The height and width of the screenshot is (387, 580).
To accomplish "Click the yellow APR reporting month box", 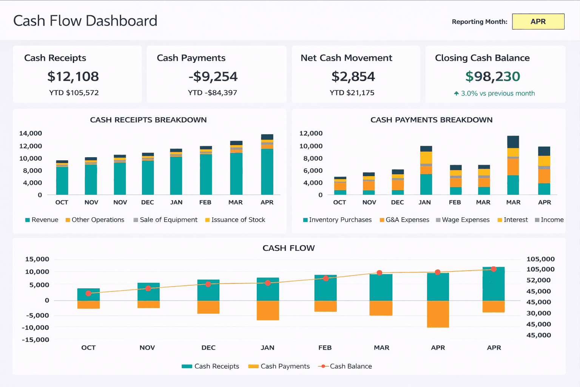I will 538,22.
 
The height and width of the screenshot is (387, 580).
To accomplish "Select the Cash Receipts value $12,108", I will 73,77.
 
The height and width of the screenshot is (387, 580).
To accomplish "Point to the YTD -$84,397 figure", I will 213,93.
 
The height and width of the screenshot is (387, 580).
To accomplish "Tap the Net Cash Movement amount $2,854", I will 353,77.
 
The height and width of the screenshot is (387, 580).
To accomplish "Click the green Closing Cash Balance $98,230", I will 492,77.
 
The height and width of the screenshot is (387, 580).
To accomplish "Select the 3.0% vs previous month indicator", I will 494,93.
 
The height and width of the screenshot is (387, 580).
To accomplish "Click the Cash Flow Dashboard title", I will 85,21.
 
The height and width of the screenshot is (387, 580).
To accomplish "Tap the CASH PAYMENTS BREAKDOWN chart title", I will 431,120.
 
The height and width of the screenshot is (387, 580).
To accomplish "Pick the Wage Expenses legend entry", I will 463,220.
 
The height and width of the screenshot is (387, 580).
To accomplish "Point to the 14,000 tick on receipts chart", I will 31,133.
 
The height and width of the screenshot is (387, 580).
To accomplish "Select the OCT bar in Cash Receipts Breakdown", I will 62,178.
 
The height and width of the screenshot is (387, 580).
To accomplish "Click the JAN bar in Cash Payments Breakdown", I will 426,170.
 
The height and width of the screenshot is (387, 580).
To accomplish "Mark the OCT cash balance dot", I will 88,293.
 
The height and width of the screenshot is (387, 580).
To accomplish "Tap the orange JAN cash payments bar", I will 268,310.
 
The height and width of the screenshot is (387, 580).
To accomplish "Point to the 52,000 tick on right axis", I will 538,280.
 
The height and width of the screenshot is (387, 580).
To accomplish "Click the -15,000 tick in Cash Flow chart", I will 35,340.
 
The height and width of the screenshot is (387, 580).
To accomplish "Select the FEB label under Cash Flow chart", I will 325,348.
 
